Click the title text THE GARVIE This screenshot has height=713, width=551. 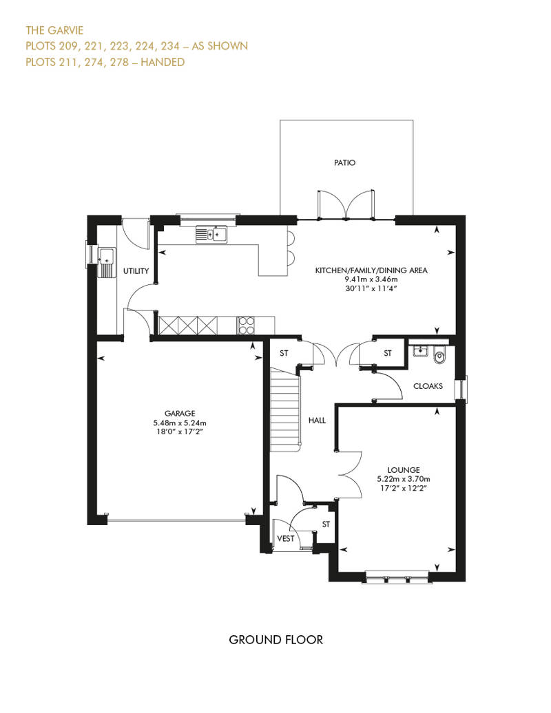point(54,30)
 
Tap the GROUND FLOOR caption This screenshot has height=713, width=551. point(275,640)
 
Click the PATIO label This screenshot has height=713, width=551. point(344,163)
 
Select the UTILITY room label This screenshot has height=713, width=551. point(136,271)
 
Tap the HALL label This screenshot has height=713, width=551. point(317,420)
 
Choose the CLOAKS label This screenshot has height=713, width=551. point(428,386)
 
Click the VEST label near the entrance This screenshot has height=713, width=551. point(286,539)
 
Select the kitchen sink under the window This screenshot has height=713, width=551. point(211,235)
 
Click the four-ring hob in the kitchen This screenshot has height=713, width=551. point(246,325)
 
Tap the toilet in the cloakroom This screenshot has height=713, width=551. point(440,356)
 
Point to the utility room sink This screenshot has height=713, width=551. point(107,260)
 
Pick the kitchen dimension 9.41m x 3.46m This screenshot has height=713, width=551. point(371,280)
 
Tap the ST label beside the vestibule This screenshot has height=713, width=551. point(326,524)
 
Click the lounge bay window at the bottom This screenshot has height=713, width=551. point(395,577)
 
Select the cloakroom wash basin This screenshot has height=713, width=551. point(419,352)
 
